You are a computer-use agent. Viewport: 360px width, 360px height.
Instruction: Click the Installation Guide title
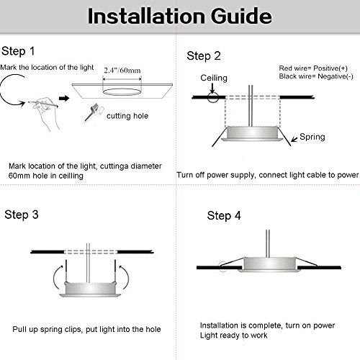click(x=180, y=17)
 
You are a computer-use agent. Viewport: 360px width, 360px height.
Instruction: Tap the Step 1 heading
click(x=18, y=51)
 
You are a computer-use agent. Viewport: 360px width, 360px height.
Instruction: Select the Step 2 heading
click(x=204, y=56)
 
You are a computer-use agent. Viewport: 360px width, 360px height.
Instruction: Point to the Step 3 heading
click(x=22, y=215)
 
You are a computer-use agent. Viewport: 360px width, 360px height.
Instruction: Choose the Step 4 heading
click(x=224, y=215)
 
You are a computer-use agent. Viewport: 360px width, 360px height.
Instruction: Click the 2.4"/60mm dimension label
click(x=122, y=71)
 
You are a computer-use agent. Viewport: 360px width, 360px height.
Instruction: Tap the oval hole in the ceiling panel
click(x=122, y=92)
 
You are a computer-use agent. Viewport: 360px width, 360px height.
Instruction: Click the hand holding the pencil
click(x=45, y=112)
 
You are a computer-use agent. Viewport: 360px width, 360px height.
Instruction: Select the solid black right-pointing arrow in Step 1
click(x=64, y=98)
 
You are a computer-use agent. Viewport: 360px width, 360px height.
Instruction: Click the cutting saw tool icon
click(x=92, y=112)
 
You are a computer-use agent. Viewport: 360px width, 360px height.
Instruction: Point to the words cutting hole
click(x=127, y=116)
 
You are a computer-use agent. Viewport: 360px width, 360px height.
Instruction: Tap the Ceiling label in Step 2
click(x=214, y=78)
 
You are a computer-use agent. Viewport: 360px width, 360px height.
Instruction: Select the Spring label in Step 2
click(x=312, y=137)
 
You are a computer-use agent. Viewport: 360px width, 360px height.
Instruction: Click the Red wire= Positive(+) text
click(x=313, y=68)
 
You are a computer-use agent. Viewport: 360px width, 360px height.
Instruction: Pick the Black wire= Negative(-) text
click(x=316, y=76)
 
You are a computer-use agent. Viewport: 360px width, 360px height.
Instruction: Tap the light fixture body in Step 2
click(x=251, y=134)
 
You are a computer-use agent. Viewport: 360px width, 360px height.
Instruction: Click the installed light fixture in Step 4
click(x=269, y=264)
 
